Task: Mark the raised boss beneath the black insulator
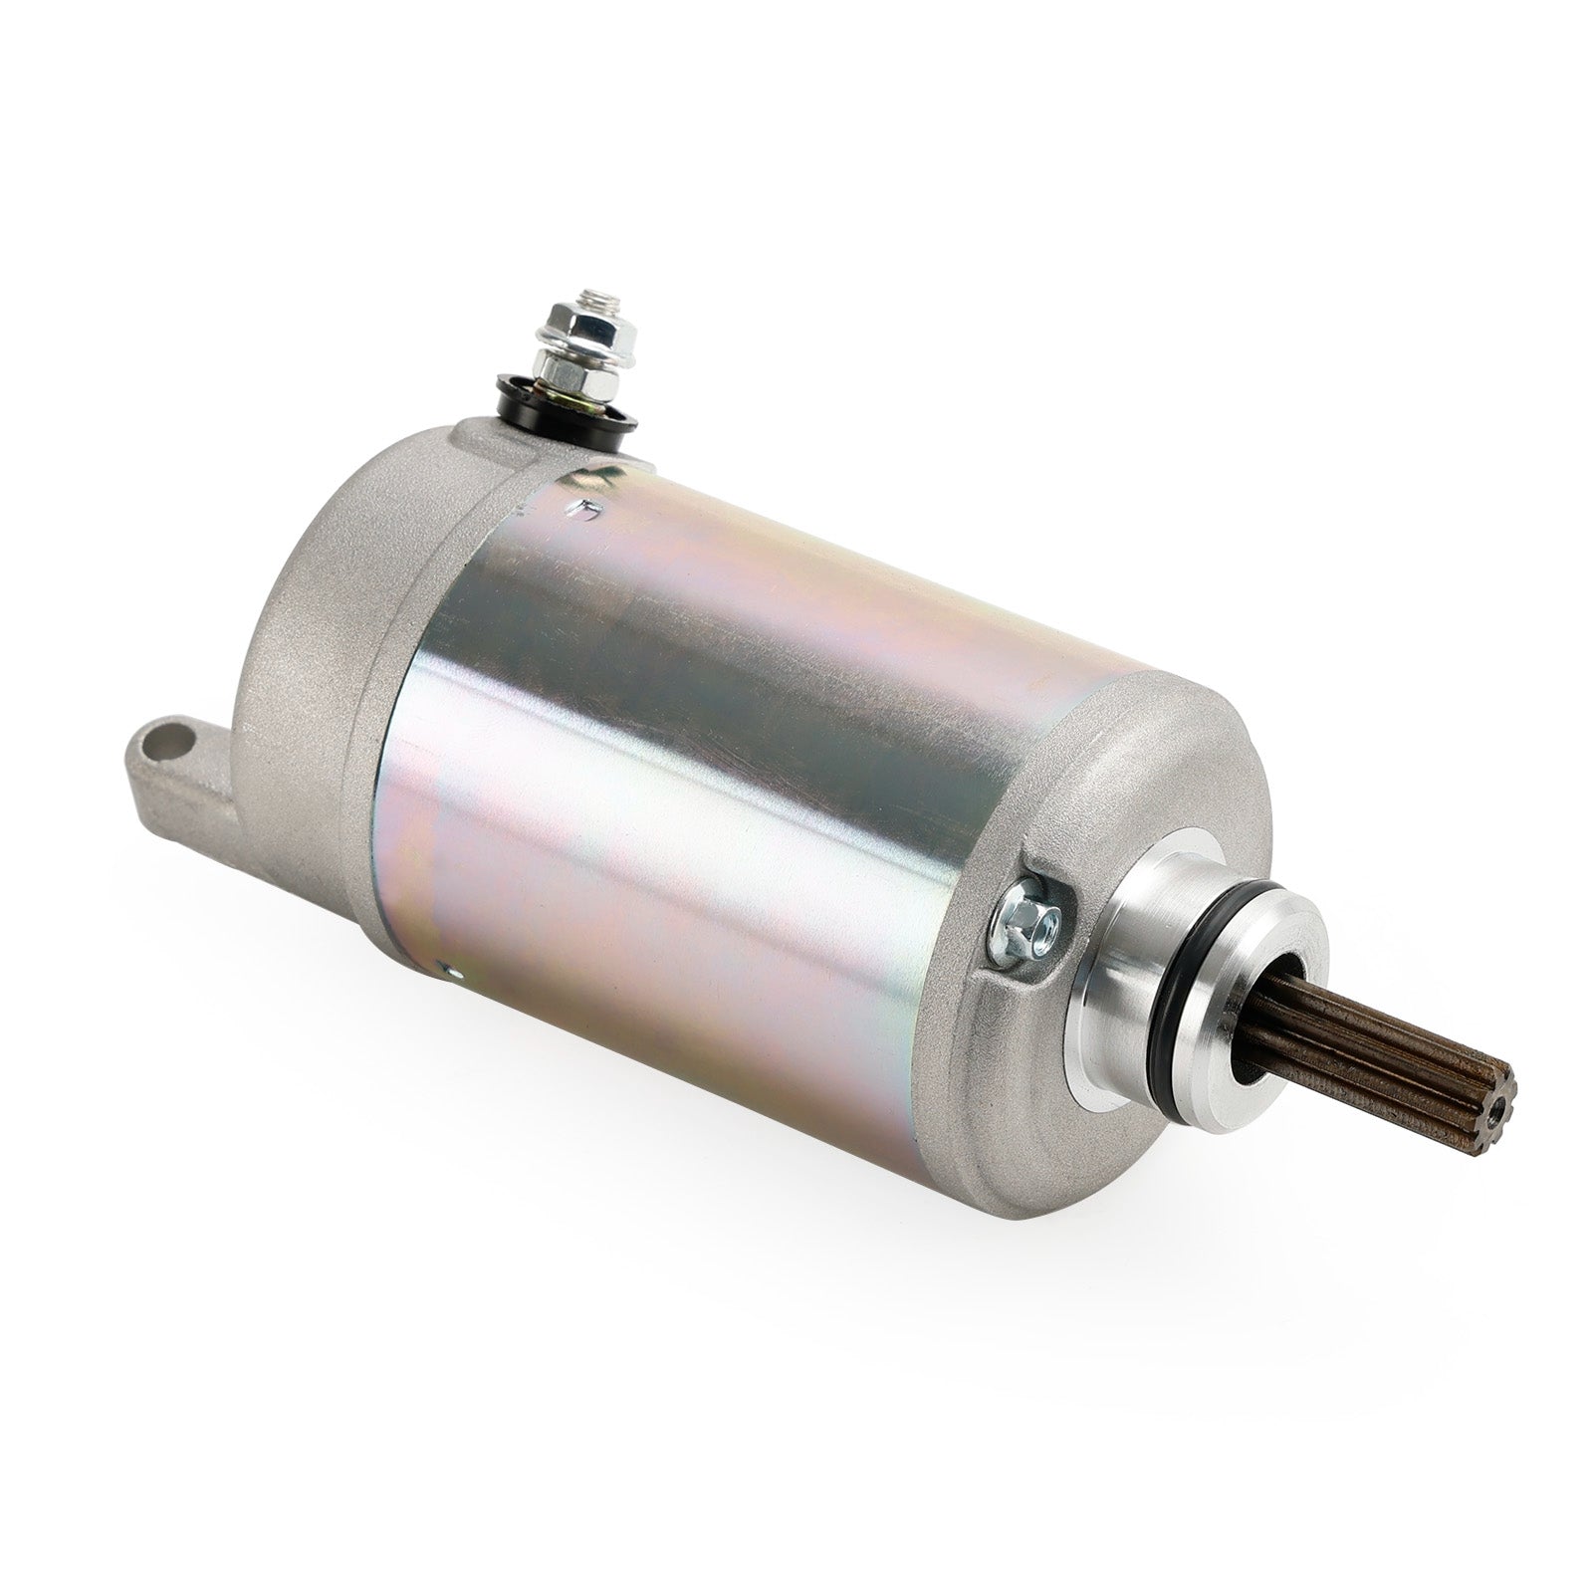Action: pyautogui.click(x=488, y=438)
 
